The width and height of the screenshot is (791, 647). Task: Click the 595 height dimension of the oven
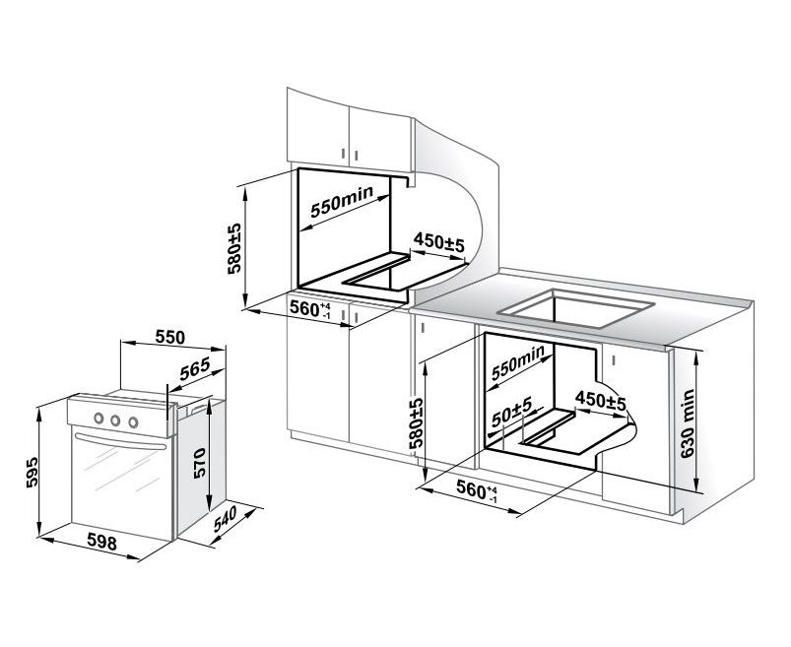tap(32, 472)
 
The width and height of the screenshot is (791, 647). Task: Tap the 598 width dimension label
tap(101, 542)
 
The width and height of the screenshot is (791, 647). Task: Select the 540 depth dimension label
tap(225, 519)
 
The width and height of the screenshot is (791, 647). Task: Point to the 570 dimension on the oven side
tap(199, 463)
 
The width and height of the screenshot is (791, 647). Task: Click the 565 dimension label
tap(195, 369)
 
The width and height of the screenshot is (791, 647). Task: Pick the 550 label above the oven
tap(170, 337)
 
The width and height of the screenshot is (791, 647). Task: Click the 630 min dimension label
tap(688, 423)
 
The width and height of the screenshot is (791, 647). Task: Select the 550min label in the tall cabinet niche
tap(342, 201)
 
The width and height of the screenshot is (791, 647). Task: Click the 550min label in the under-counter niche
tap(518, 362)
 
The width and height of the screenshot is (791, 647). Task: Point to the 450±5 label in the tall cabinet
tap(438, 243)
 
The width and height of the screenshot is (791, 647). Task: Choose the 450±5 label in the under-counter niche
tap(600, 401)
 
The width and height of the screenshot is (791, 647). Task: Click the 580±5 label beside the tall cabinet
tap(234, 248)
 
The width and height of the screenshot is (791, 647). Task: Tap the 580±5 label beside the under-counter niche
tap(416, 423)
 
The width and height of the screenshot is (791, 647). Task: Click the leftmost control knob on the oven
tap(99, 418)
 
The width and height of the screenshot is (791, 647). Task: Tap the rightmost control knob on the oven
tap(133, 422)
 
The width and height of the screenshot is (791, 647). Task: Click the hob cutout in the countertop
tap(575, 307)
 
